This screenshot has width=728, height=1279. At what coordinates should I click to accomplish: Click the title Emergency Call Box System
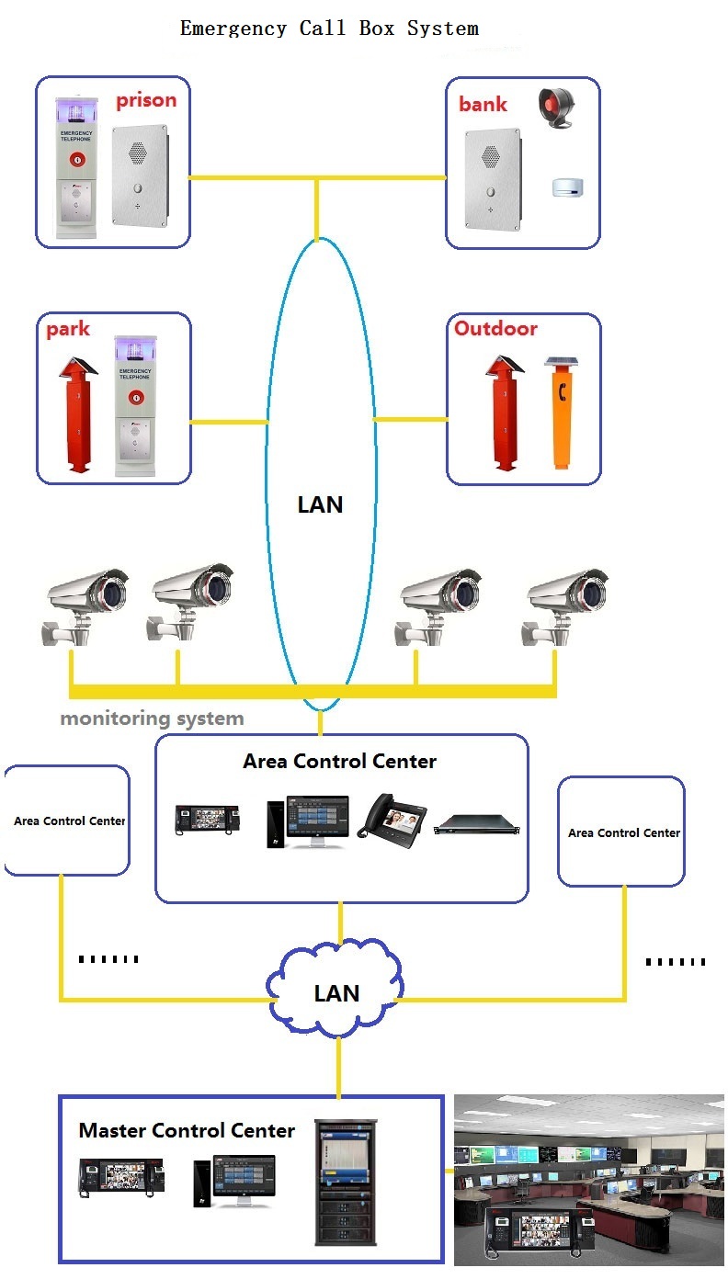(329, 28)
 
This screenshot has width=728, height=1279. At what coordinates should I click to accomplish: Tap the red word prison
(145, 100)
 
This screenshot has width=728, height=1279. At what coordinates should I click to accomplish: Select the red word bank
(483, 104)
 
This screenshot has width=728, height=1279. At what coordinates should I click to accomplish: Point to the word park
(68, 329)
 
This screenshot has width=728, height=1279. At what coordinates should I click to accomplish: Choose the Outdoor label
(495, 328)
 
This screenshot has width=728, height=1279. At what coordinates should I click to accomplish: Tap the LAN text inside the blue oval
(320, 504)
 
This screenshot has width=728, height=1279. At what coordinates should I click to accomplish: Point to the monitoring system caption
(152, 718)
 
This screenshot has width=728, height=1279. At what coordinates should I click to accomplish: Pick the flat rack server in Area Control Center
(479, 824)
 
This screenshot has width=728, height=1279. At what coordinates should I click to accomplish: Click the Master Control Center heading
(187, 1130)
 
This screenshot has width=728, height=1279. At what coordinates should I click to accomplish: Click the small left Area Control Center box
(68, 821)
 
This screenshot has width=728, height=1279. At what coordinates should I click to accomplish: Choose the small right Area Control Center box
(622, 832)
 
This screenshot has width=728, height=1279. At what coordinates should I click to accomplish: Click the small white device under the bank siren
(568, 187)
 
